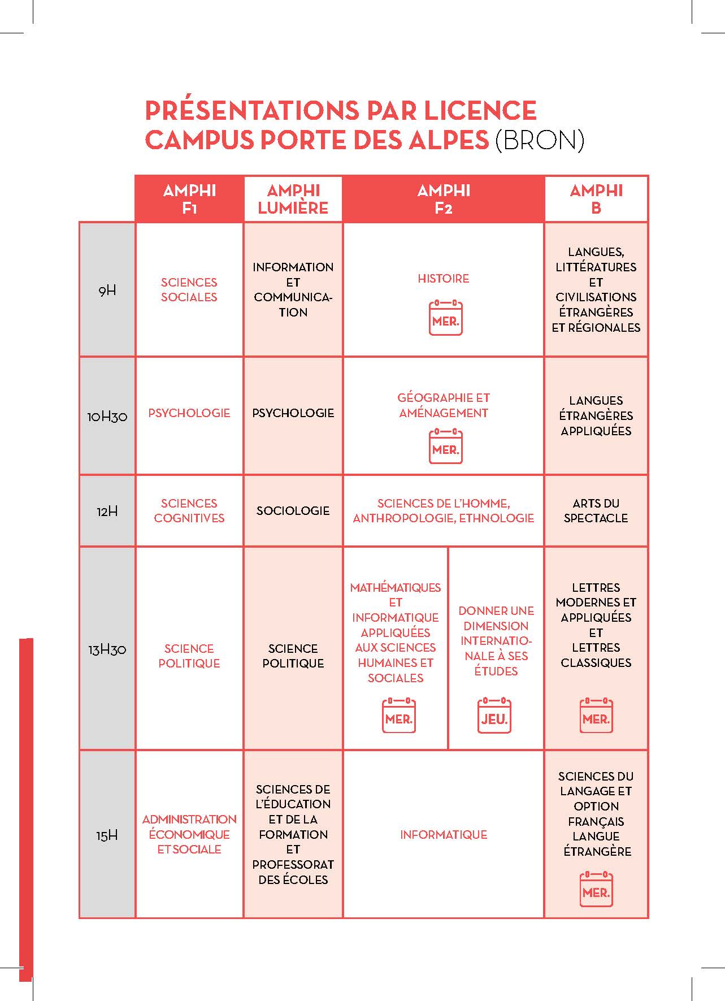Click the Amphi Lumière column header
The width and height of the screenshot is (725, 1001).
tap(293, 199)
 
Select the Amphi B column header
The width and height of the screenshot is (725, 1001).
tap(596, 199)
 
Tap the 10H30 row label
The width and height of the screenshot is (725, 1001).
tap(107, 417)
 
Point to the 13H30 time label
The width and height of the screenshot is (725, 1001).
tap(107, 649)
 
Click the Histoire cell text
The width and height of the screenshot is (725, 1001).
tap(443, 279)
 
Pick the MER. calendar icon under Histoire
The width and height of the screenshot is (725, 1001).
tap(445, 318)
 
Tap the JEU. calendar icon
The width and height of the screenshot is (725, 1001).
tap(494, 716)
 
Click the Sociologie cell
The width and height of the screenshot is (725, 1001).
tap(293, 511)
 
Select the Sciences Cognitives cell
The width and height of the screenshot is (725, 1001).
tap(189, 510)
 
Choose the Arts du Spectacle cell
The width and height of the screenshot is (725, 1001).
tap(596, 510)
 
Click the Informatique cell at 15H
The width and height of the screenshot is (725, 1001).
tap(443, 834)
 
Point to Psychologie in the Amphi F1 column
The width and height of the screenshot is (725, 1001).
tap(189, 413)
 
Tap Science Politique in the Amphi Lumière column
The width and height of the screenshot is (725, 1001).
tap(293, 656)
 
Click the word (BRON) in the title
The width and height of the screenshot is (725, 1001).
tap(539, 140)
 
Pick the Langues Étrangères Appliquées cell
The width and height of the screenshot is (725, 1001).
tap(596, 415)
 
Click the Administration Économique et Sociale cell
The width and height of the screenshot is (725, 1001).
tap(189, 834)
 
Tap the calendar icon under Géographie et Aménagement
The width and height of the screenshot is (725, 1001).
tap(445, 447)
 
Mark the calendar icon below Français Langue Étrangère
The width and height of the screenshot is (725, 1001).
tap(596, 890)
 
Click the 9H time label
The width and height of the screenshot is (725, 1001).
tap(107, 291)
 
